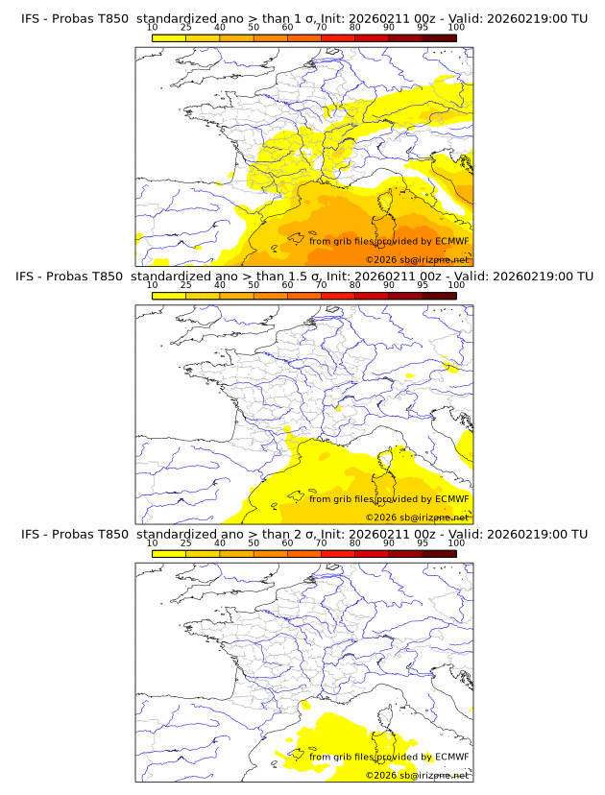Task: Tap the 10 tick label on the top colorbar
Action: pos(152,27)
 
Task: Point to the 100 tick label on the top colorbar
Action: pos(456,27)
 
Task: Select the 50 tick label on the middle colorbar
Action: pos(254,285)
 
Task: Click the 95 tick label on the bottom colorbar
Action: pos(423,542)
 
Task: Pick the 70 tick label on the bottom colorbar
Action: pos(321,542)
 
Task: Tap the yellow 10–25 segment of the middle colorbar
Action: pos(169,296)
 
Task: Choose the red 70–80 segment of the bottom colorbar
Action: pos(337,553)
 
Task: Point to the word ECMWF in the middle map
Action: pos(452,499)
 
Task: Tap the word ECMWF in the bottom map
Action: pos(452,757)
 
